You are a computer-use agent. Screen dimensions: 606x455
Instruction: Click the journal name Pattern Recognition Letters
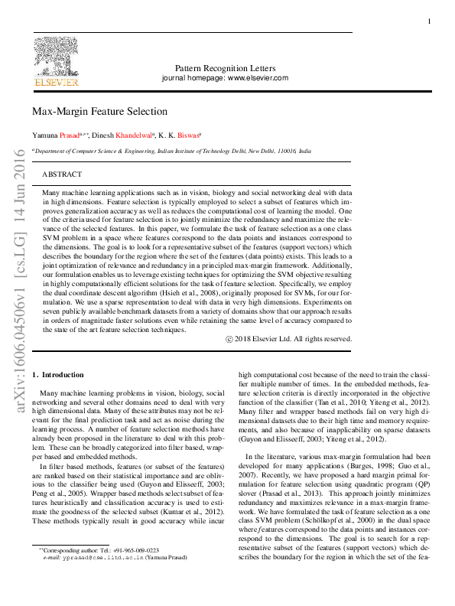[x=225, y=68]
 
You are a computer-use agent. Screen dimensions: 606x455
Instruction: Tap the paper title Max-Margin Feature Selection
[x=99, y=112]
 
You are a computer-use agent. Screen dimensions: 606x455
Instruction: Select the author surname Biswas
[x=187, y=135]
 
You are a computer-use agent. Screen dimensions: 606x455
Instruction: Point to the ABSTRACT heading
[x=62, y=174]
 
